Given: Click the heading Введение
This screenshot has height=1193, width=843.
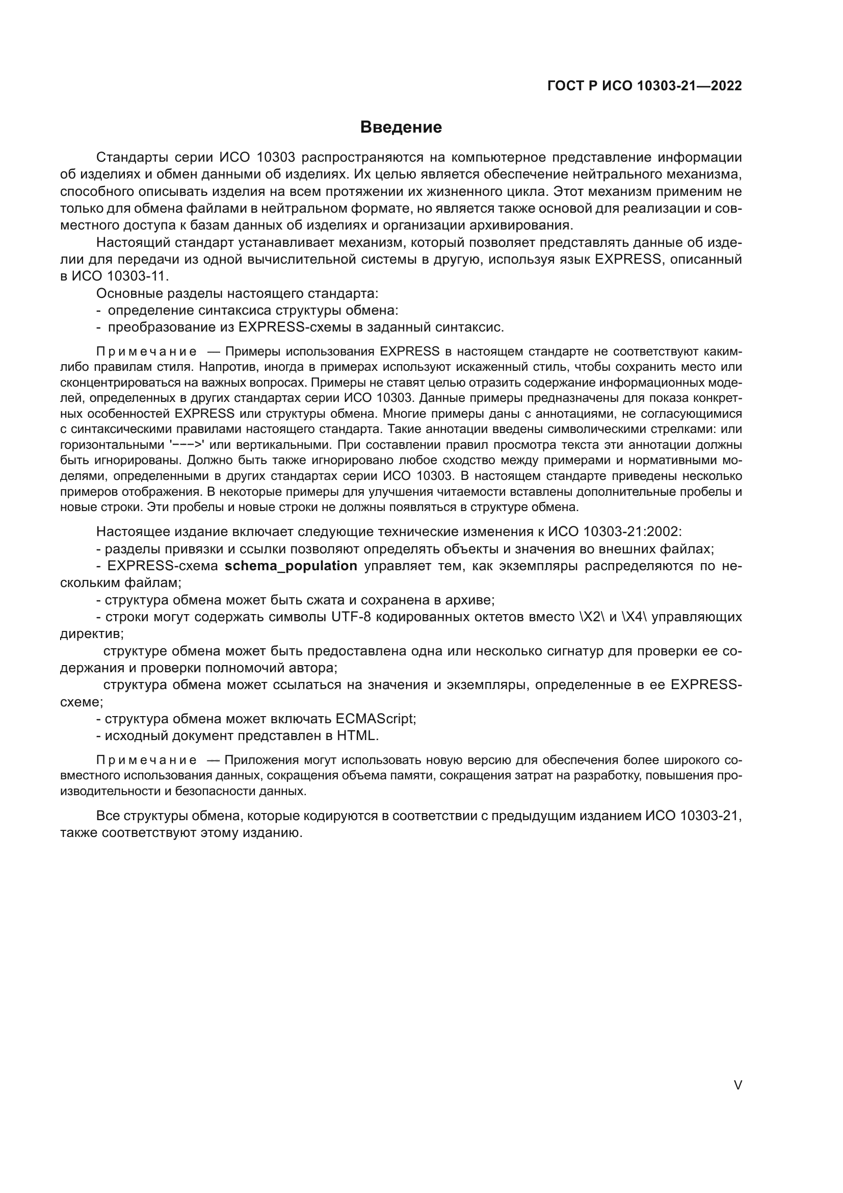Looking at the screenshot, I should click(401, 128).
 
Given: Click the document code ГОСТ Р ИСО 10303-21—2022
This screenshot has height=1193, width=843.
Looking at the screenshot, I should click(645, 86).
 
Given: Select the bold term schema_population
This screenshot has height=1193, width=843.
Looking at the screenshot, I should click(291, 566).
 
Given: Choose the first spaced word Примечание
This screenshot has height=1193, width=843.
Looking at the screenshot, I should click(146, 351).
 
